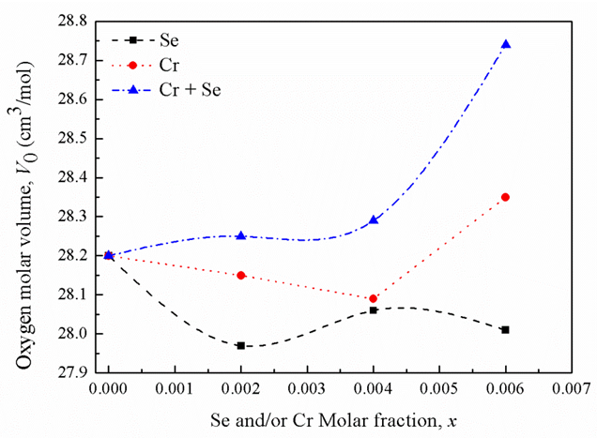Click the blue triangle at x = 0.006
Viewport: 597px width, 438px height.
(x=506, y=44)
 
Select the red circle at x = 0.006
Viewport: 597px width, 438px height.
(x=506, y=197)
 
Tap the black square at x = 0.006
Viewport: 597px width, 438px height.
(x=506, y=329)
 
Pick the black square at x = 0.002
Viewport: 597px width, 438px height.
(x=241, y=345)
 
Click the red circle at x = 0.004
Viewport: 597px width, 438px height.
(x=374, y=298)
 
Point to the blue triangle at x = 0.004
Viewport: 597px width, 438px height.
(x=374, y=219)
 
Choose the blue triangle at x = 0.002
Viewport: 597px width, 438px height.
(x=241, y=235)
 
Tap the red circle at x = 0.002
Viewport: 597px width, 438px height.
(x=241, y=275)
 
